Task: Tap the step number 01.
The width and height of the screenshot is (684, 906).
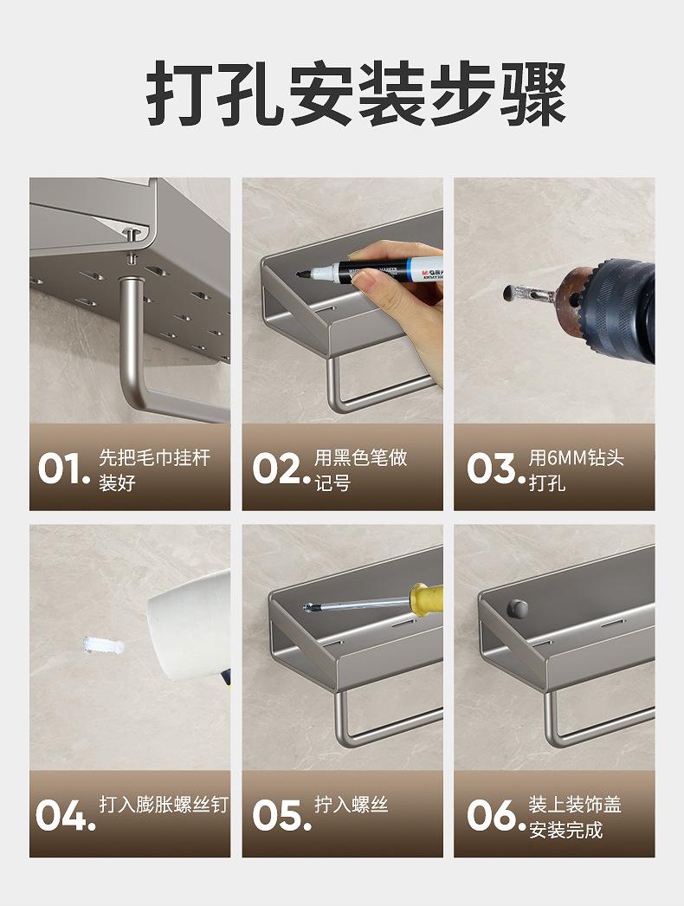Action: pos(64,469)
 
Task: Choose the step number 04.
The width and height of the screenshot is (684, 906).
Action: pos(65,815)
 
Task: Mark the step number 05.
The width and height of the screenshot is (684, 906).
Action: pos(281,815)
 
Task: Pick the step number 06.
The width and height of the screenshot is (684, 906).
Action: pos(495,815)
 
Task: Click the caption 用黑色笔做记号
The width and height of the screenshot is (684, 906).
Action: pos(360,469)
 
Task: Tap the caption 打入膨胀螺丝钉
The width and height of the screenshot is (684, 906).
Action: pos(164,805)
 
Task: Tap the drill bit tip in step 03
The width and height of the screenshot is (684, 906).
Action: pos(509,293)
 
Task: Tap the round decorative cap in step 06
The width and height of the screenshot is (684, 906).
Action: pos(519,608)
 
